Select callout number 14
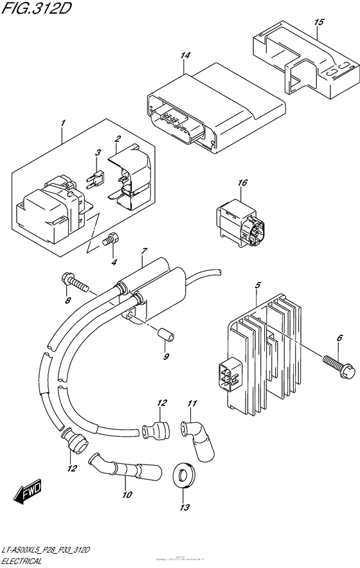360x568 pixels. point(186,56)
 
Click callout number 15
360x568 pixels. point(318,22)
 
